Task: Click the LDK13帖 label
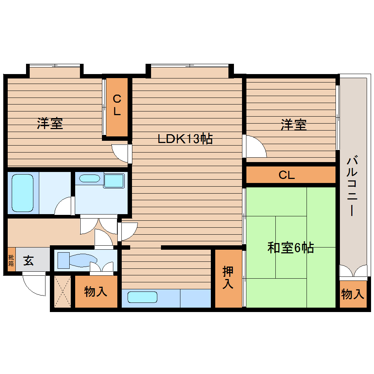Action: coord(185,139)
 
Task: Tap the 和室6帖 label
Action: coord(290,248)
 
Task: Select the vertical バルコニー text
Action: coord(352,186)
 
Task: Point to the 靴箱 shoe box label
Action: coord(11,261)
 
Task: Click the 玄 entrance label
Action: coord(29,261)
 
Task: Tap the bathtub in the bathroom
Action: coord(23,192)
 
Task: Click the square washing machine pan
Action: coord(114,180)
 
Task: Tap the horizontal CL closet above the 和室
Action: coord(287,175)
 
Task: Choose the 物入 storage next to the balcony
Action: coord(353,294)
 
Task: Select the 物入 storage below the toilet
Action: coord(96,292)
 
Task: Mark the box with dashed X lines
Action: coord(62,291)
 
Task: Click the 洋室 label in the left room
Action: coord(49,124)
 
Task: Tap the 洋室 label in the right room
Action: coord(294,125)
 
